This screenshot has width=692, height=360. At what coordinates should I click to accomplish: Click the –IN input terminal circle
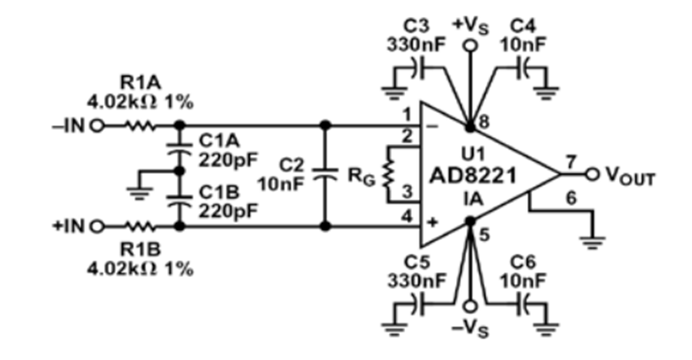pos(97,126)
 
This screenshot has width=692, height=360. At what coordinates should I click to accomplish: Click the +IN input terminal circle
pos(97,227)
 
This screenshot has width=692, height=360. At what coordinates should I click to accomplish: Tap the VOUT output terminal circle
pos(592,175)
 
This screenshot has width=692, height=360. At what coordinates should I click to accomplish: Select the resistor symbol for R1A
pos(141,126)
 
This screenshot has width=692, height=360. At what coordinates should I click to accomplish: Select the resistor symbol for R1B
pos(141,227)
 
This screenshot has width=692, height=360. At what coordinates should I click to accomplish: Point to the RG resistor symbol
pos(388,174)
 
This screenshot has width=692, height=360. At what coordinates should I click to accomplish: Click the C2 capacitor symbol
pos(325,175)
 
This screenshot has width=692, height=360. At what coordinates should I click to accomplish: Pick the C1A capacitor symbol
pos(179,150)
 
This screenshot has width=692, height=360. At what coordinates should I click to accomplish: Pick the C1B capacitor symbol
pos(179,202)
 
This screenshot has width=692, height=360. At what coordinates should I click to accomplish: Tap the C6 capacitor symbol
pos(523,303)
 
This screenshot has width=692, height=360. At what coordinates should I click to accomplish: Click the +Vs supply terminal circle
pos(471,45)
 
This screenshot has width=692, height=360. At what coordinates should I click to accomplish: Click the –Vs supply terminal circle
pos(471,307)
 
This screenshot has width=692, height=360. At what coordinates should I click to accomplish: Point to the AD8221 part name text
pos(473,176)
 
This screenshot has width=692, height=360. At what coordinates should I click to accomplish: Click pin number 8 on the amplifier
pos(484,122)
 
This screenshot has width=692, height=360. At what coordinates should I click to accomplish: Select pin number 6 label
pos(571,198)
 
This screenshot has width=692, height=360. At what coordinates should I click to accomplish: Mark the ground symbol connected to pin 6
pos(593,242)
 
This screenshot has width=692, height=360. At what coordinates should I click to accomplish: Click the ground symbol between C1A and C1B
pos(139,192)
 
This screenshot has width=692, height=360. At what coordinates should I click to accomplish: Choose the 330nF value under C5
pos(417,281)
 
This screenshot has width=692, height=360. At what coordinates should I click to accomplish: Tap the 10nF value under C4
pos(523,45)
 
